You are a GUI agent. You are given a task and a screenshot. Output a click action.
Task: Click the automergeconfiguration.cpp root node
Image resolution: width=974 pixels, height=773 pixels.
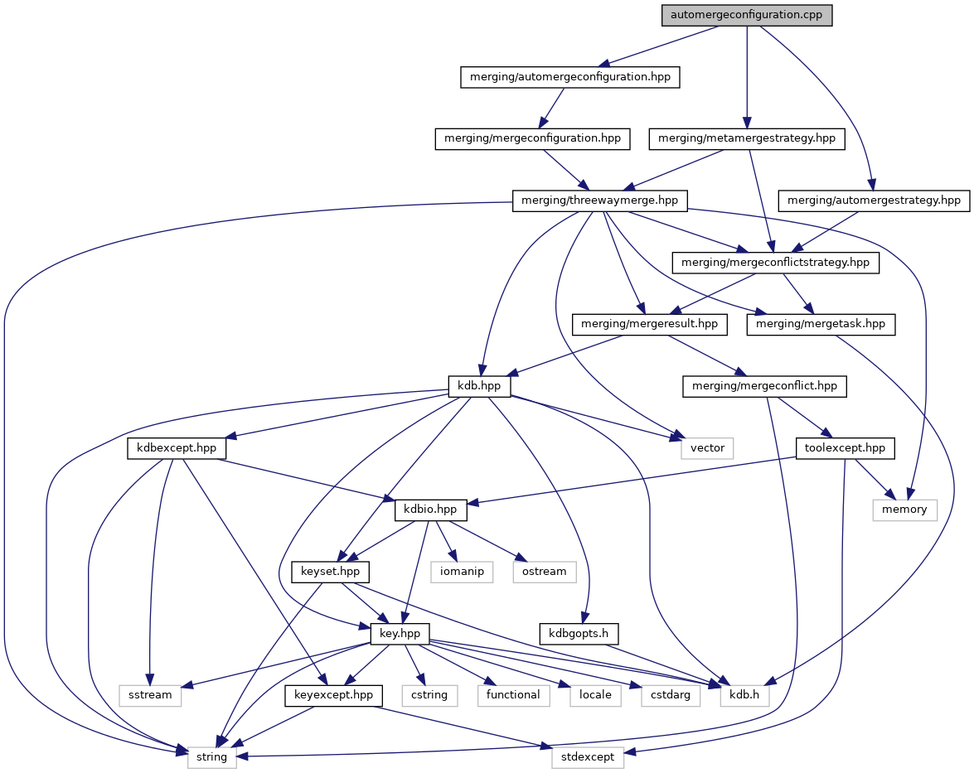(746, 15)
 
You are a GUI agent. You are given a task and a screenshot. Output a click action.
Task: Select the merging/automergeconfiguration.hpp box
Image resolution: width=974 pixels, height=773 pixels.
(570, 77)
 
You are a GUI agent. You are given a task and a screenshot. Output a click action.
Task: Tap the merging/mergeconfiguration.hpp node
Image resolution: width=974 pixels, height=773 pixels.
(532, 138)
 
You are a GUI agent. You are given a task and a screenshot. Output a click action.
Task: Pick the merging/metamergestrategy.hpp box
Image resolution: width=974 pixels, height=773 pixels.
(747, 138)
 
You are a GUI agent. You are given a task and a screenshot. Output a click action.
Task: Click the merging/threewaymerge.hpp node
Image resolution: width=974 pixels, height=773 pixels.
(601, 200)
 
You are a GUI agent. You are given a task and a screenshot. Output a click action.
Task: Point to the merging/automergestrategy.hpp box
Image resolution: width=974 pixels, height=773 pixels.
(874, 200)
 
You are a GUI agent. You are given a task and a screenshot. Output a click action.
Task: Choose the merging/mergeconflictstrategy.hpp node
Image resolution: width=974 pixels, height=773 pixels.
(775, 263)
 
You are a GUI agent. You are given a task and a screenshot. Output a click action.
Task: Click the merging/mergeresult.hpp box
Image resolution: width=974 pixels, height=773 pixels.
(650, 325)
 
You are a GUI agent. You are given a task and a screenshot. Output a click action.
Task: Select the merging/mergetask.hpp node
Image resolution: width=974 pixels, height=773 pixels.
(821, 325)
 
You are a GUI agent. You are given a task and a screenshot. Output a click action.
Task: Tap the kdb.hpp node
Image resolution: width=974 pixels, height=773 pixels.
(479, 386)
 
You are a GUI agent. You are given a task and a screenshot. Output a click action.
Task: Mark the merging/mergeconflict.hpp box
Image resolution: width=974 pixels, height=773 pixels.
(764, 386)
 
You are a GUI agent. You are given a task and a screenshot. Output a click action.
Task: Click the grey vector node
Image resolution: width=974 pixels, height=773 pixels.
(707, 448)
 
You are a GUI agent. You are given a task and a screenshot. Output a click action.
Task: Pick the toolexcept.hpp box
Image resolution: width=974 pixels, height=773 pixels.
(846, 448)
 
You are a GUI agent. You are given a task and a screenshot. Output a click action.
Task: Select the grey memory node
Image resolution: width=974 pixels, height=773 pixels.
(904, 510)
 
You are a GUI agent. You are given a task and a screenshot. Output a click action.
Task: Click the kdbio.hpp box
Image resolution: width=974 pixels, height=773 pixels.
(431, 510)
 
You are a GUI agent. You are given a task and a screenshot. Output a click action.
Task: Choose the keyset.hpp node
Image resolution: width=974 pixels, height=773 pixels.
(330, 572)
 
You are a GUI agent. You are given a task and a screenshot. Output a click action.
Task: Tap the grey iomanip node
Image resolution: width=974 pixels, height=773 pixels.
(462, 572)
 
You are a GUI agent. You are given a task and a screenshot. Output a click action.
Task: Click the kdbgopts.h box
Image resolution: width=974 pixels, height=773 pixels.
(579, 634)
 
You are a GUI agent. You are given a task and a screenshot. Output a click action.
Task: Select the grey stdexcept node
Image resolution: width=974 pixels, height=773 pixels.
(588, 756)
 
